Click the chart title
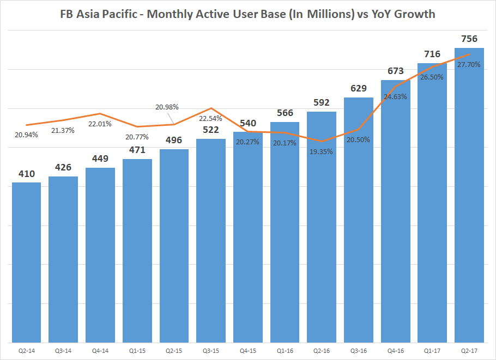tap(247, 14)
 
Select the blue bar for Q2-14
tap(26, 261)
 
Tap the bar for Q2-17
tap(469, 196)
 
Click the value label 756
tap(469, 39)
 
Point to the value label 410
tap(26, 174)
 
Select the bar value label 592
tap(322, 102)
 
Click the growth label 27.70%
tap(469, 64)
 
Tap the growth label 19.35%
tap(322, 151)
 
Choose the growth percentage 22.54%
tap(210, 118)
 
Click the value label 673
tap(395, 71)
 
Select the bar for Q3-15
tap(211, 240)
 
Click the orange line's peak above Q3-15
tap(211, 108)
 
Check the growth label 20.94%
tap(26, 135)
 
